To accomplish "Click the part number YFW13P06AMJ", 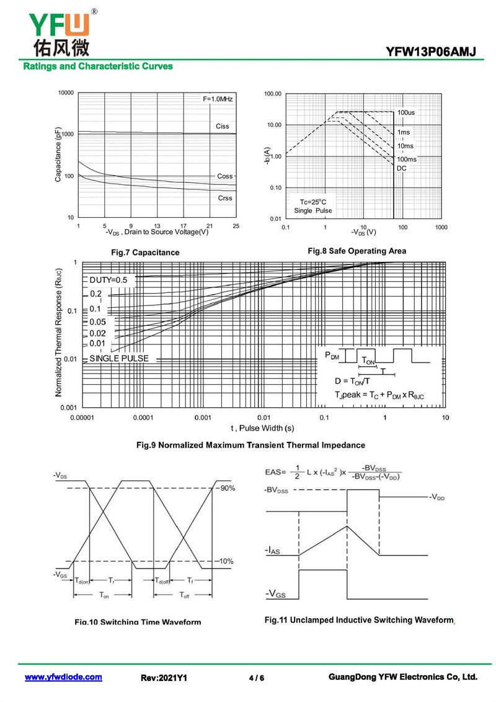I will click(431, 51).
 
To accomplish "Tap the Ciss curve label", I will click(222, 126).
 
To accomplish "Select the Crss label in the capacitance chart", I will click(225, 198).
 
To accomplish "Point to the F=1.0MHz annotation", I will click(218, 99).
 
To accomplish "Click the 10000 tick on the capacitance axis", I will click(66, 93).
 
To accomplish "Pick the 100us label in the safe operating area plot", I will click(406, 112).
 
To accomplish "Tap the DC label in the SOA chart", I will click(401, 168).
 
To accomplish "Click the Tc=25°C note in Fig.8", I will click(313, 202).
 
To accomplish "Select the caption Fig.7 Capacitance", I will click(145, 253).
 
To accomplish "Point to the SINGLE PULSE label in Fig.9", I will click(119, 359).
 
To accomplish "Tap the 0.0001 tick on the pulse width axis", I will click(143, 418).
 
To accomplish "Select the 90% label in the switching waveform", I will click(226, 488).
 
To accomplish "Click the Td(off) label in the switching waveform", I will click(163, 580).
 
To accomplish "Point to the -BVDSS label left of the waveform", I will click(275, 490).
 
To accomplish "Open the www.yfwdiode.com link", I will click(63, 677).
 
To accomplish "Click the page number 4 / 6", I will click(256, 678).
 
